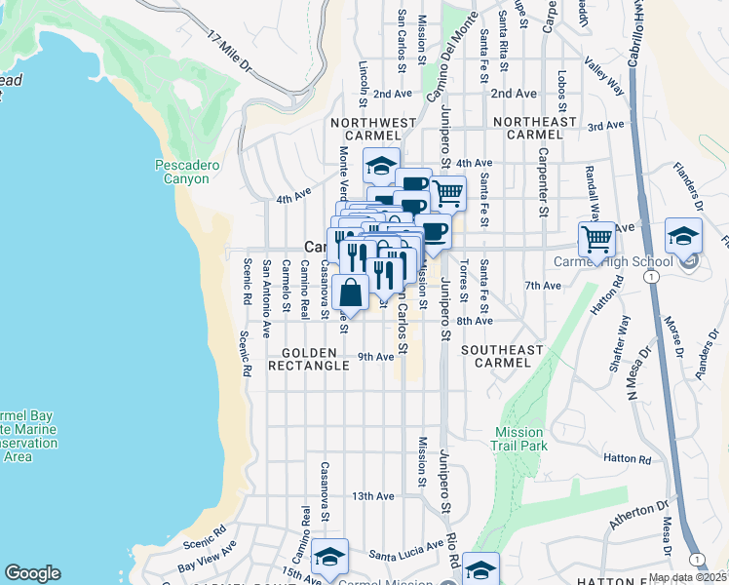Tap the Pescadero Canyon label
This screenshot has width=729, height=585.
coord(182,173)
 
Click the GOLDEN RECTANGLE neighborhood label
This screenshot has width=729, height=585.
coord(315,359)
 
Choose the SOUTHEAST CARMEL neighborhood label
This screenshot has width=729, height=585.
coord(502,356)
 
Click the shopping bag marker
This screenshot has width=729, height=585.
coord(350,292)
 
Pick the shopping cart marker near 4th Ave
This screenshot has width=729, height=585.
coord(447,193)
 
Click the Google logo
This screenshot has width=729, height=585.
coord(32,573)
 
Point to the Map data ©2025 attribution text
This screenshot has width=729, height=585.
coord(687,577)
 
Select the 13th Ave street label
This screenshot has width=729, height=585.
coord(373,496)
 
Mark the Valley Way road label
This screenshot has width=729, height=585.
coord(603,74)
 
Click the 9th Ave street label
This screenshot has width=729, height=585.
coord(376,357)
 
